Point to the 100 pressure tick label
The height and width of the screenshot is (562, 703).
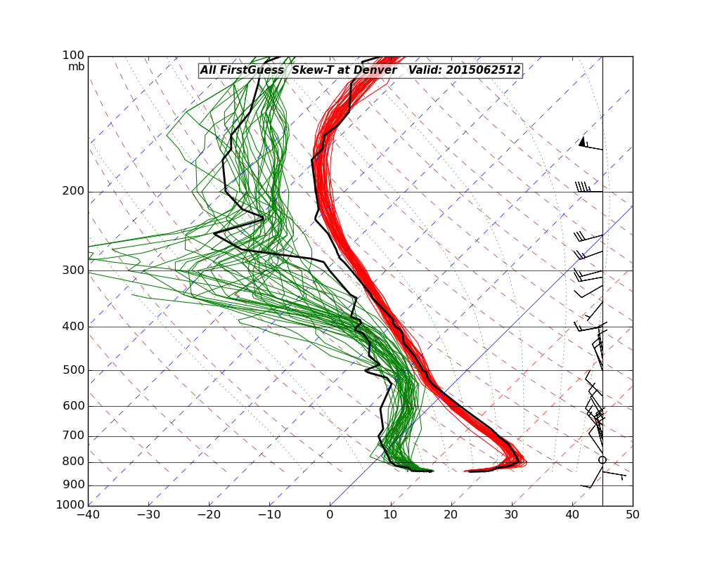pyautogui.click(x=74, y=55)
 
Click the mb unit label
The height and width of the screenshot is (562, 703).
pyautogui.click(x=76, y=67)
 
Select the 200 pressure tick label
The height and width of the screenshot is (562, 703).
pyautogui.click(x=74, y=191)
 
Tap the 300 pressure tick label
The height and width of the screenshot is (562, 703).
pyautogui.click(x=74, y=270)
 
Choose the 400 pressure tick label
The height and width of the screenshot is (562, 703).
pyautogui.click(x=74, y=327)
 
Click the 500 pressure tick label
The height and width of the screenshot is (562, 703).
pyautogui.click(x=74, y=370)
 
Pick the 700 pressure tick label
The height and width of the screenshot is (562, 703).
pyautogui.click(x=74, y=436)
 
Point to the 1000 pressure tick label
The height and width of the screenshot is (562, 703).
pyautogui.click(x=71, y=505)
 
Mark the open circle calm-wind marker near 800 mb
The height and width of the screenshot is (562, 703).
pyautogui.click(x=602, y=460)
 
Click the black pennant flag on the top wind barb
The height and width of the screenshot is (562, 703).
pyautogui.click(x=582, y=142)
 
